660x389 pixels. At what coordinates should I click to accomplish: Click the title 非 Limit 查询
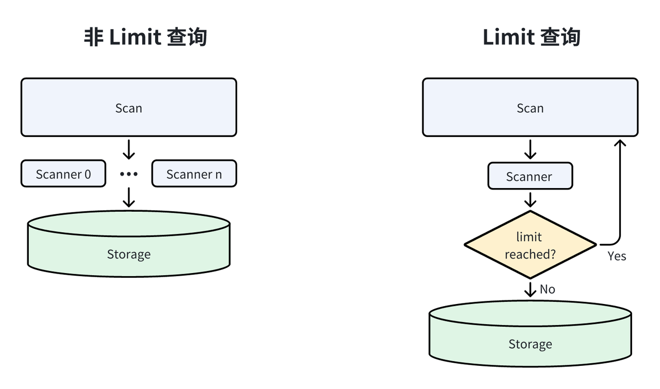coord(145,38)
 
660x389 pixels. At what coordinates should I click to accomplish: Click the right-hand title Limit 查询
coord(531,38)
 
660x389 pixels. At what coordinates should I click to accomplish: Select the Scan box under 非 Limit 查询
coord(128,107)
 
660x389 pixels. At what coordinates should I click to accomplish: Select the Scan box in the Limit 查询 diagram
coord(530,107)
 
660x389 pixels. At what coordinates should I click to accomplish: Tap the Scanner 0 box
coord(63,174)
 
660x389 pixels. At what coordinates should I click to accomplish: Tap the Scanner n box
coord(194,174)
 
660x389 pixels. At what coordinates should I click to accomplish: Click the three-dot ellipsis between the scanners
coord(128,174)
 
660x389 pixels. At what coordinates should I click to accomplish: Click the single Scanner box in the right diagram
coord(530,176)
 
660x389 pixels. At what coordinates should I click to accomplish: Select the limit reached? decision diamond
coord(530,245)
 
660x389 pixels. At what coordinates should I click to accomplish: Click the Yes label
coord(617,256)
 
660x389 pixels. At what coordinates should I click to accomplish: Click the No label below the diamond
coord(547,290)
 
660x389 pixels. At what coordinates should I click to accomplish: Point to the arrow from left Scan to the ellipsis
coord(128,149)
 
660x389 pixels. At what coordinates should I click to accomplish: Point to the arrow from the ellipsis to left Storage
coord(128,197)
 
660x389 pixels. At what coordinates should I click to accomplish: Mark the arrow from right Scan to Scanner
coord(530,149)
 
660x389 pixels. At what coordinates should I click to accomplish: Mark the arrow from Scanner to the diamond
coord(530,199)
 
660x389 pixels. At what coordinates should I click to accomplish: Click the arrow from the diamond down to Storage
coord(530,289)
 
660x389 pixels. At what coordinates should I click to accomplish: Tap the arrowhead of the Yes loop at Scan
coord(619,142)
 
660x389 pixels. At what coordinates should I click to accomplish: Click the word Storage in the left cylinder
coord(128,254)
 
